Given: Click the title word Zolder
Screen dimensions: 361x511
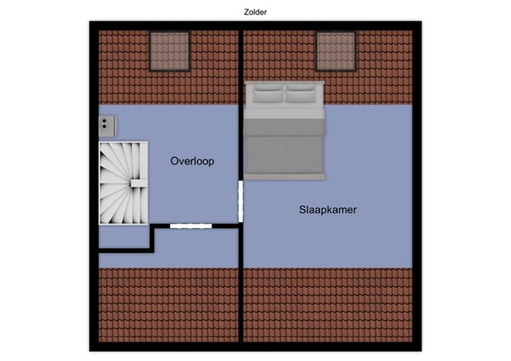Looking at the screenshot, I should (x=255, y=12).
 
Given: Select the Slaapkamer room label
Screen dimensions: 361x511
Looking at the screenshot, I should (x=327, y=209).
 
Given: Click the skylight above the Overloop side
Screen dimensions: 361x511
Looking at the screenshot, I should (x=169, y=52).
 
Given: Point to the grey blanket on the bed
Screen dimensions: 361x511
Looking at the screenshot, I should (x=284, y=145).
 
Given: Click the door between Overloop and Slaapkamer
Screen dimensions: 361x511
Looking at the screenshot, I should (x=240, y=202).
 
